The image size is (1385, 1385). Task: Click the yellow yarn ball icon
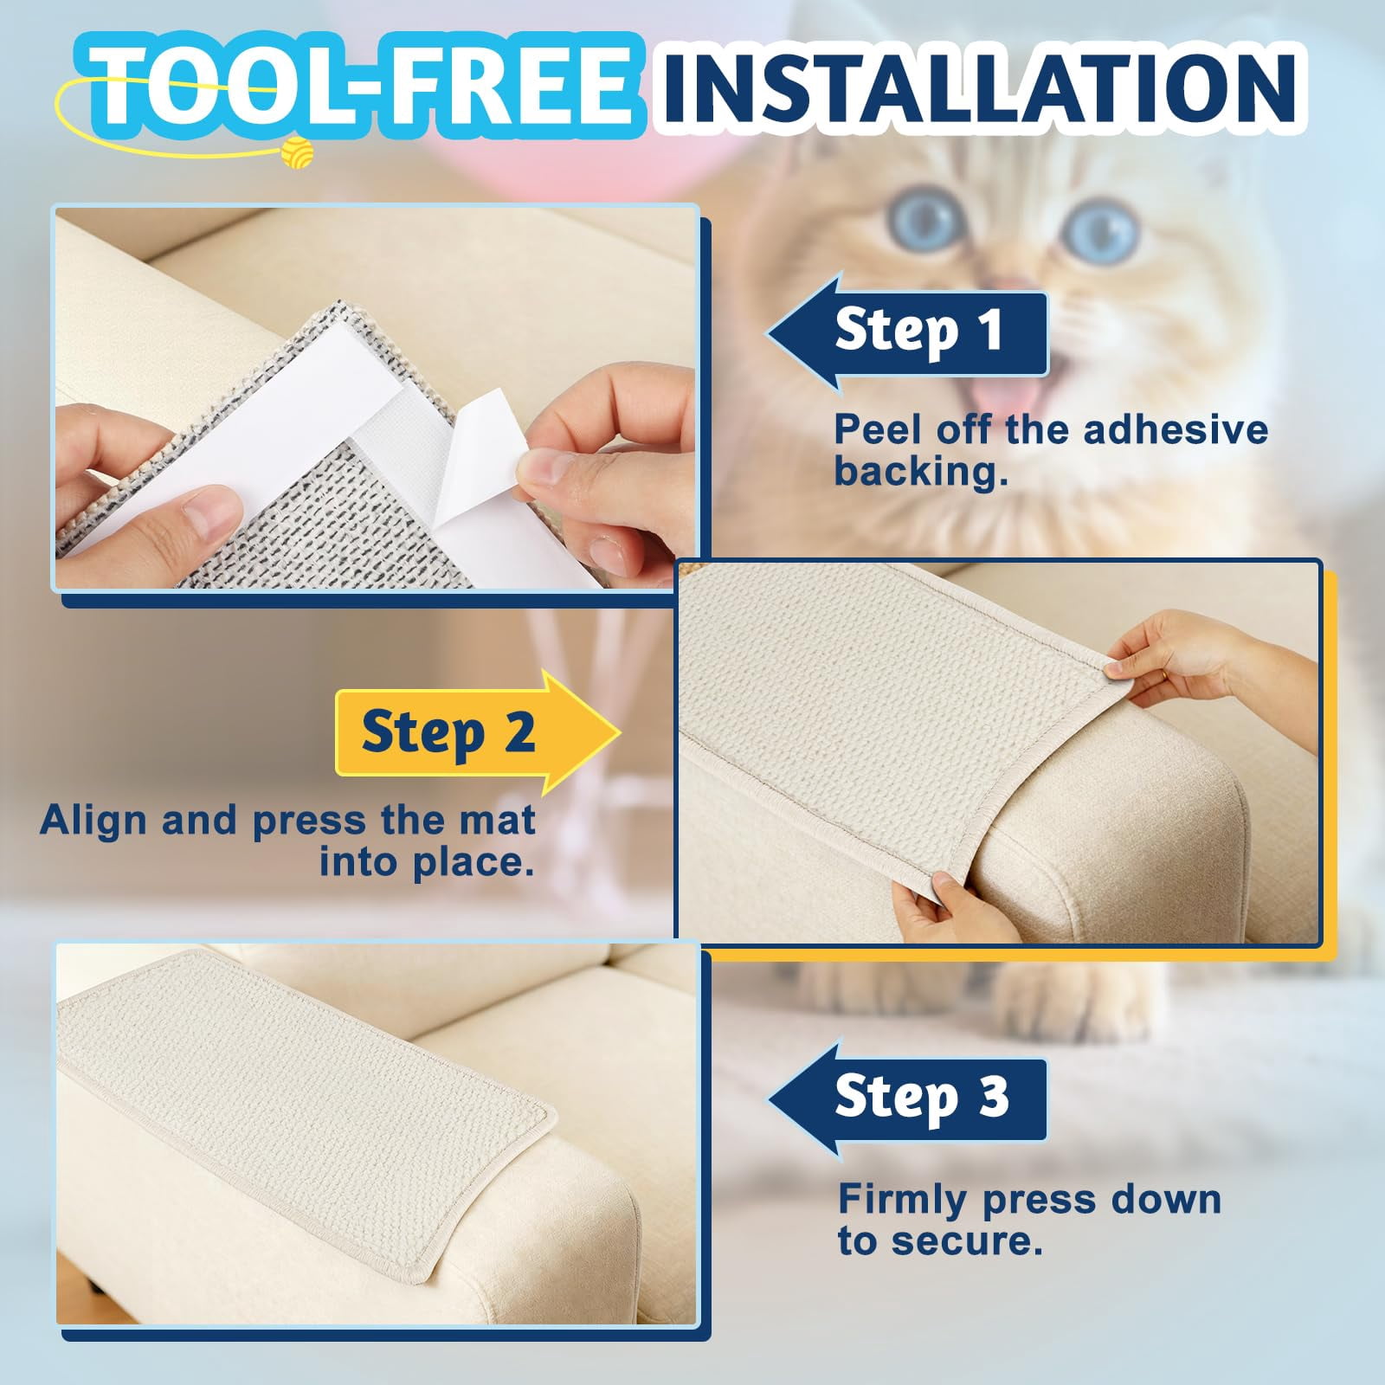[297, 151]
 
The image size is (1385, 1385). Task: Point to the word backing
[921, 471]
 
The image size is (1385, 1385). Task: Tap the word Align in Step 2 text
[94, 821]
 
